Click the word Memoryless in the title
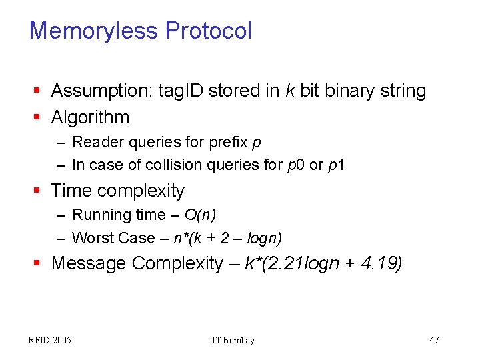(94, 31)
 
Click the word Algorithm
(90, 117)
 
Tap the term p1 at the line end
(337, 165)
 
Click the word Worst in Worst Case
(92, 238)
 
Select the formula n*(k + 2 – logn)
(227, 238)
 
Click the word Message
(89, 263)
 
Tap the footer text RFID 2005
(49, 341)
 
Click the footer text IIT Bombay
(231, 341)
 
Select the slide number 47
(434, 341)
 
